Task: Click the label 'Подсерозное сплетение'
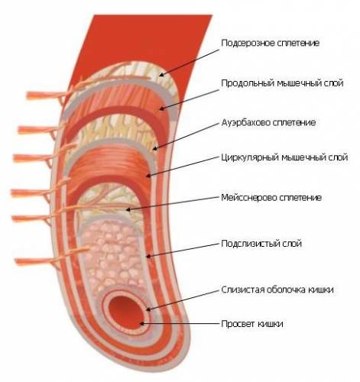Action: [270, 43]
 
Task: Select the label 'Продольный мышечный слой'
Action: [282, 83]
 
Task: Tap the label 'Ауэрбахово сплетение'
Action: [268, 122]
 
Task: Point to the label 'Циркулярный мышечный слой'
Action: [284, 157]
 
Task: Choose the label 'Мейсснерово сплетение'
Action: [271, 198]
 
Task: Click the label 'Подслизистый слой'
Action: [261, 244]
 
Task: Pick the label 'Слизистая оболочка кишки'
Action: [277, 290]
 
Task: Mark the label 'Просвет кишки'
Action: [252, 324]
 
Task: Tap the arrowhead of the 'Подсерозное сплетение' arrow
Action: [162, 74]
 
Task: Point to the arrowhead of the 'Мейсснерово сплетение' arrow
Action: [128, 209]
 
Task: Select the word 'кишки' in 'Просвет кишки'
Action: [271, 324]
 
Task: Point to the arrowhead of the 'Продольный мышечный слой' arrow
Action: [162, 109]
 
